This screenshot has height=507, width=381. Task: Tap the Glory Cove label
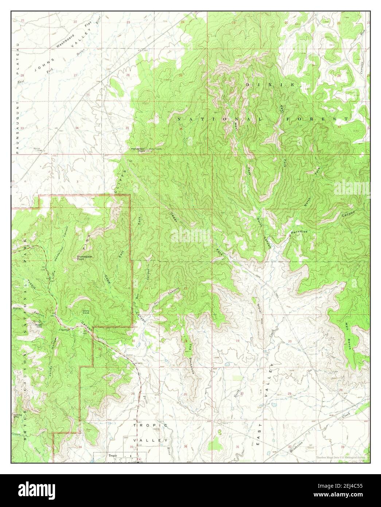(x=86, y=311)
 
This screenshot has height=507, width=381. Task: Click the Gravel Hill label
(x=258, y=312)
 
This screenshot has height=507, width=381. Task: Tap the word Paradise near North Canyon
(x=299, y=232)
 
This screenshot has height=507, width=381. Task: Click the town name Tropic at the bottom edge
(x=112, y=456)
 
